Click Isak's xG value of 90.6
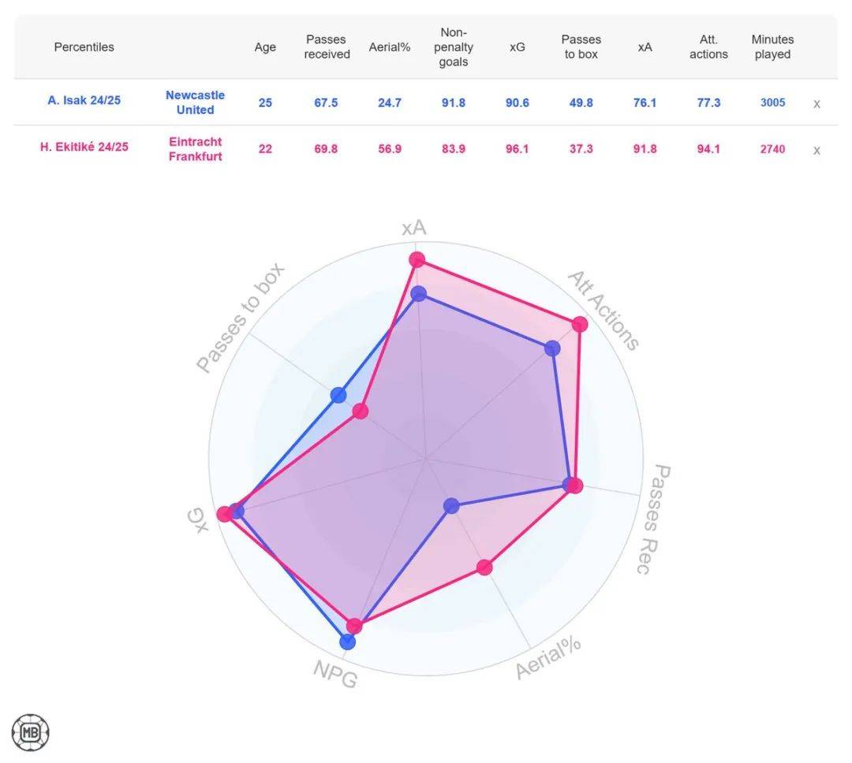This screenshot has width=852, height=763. [518, 102]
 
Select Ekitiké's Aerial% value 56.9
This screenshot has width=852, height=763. [390, 149]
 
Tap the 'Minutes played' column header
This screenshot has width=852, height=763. [772, 47]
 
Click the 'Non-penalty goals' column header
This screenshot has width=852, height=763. [453, 47]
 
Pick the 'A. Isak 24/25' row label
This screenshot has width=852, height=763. [84, 101]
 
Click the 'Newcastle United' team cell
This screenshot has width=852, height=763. [195, 102]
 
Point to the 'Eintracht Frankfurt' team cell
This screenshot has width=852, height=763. [195, 149]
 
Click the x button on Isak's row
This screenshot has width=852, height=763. [816, 103]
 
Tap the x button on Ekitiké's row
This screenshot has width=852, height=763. [816, 150]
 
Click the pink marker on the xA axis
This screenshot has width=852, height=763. [417, 260]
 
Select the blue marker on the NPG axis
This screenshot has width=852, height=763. [347, 642]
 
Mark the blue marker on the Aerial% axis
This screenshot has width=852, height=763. [451, 505]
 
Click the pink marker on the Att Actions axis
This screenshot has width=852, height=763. [580, 324]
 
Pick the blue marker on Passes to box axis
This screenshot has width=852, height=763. [338, 395]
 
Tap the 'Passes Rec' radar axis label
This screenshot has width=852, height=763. [652, 519]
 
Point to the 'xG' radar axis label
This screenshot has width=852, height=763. [200, 519]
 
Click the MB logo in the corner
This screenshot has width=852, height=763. [31, 732]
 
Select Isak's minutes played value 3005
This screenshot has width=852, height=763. [772, 102]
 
